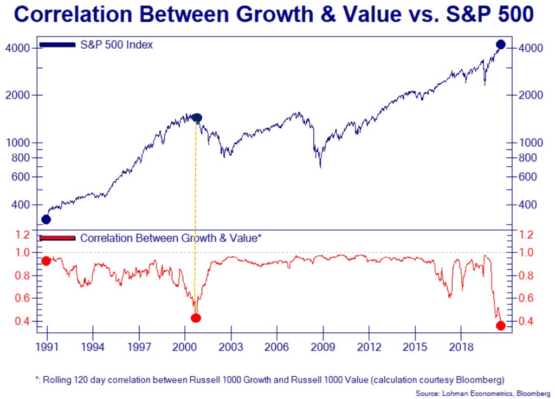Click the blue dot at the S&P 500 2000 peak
click(x=197, y=118)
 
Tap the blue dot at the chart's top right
click(x=500, y=44)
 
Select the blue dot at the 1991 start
click(x=46, y=219)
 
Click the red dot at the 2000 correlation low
click(x=196, y=318)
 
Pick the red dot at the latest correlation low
click(x=500, y=325)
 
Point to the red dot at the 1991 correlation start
click(x=46, y=261)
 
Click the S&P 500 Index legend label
click(x=117, y=45)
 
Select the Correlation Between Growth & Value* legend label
click(x=171, y=238)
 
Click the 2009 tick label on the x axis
click(x=323, y=346)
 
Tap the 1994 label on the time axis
click(x=93, y=346)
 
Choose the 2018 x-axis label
click(x=461, y=346)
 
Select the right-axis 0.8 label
click(x=529, y=276)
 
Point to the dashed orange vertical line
click(x=195, y=217)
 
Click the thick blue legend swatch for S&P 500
click(x=57, y=44)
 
